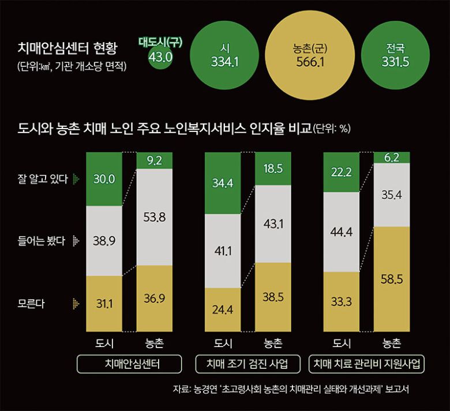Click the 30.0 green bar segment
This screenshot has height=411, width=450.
104,179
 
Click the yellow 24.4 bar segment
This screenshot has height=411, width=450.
223,310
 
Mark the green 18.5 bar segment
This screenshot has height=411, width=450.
272,168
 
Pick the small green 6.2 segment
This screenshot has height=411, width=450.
392,157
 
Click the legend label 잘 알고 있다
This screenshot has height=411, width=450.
44,179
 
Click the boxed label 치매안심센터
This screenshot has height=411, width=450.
129,364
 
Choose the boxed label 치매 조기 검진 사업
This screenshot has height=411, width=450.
248,364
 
